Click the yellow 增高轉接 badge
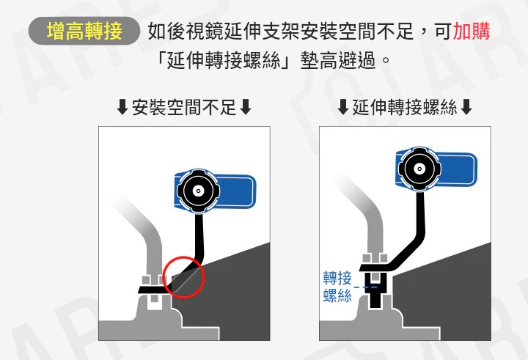pos(84,32)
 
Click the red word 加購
pos(472,32)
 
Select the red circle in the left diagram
pos(183,276)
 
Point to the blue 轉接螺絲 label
pos(337,287)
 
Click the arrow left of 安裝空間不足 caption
pos(122,109)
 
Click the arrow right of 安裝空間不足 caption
pos(246,109)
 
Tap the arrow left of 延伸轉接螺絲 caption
pos(342,109)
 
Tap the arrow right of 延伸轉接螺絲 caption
pos(467,109)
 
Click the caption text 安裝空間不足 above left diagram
pos(184,109)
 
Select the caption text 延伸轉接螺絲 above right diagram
pos(405,109)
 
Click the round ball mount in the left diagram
pos(197,191)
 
